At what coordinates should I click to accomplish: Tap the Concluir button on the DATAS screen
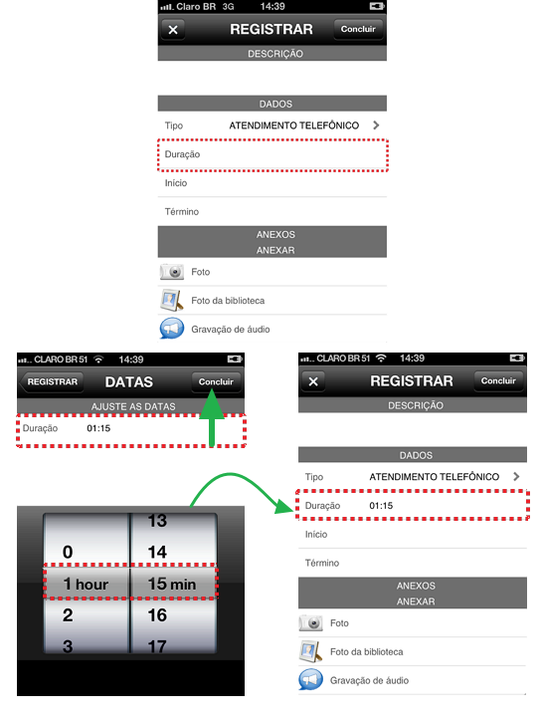[216, 381]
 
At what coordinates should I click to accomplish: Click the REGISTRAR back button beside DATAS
[52, 381]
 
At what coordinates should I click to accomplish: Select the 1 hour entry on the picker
[86, 584]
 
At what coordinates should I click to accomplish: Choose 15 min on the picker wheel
[172, 584]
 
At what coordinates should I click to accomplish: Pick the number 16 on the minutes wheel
[157, 615]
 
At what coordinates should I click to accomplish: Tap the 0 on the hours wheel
[68, 552]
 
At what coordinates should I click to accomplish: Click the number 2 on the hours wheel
[68, 615]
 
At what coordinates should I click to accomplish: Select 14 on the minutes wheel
[157, 552]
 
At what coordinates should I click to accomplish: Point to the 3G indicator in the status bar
[228, 6]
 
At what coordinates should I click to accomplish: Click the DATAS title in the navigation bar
[129, 381]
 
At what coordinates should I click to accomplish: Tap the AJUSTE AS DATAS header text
[133, 406]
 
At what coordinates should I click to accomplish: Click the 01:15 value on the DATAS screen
[98, 428]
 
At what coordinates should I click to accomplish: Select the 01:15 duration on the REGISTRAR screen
[381, 506]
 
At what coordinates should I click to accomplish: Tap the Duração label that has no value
[182, 154]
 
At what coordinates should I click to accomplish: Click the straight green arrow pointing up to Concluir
[212, 417]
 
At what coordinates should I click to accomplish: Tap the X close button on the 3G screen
[173, 30]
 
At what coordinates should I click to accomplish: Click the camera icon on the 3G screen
[172, 272]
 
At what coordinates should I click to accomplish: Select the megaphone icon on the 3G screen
[172, 329]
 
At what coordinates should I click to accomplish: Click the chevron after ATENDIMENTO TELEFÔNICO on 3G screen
[376, 125]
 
